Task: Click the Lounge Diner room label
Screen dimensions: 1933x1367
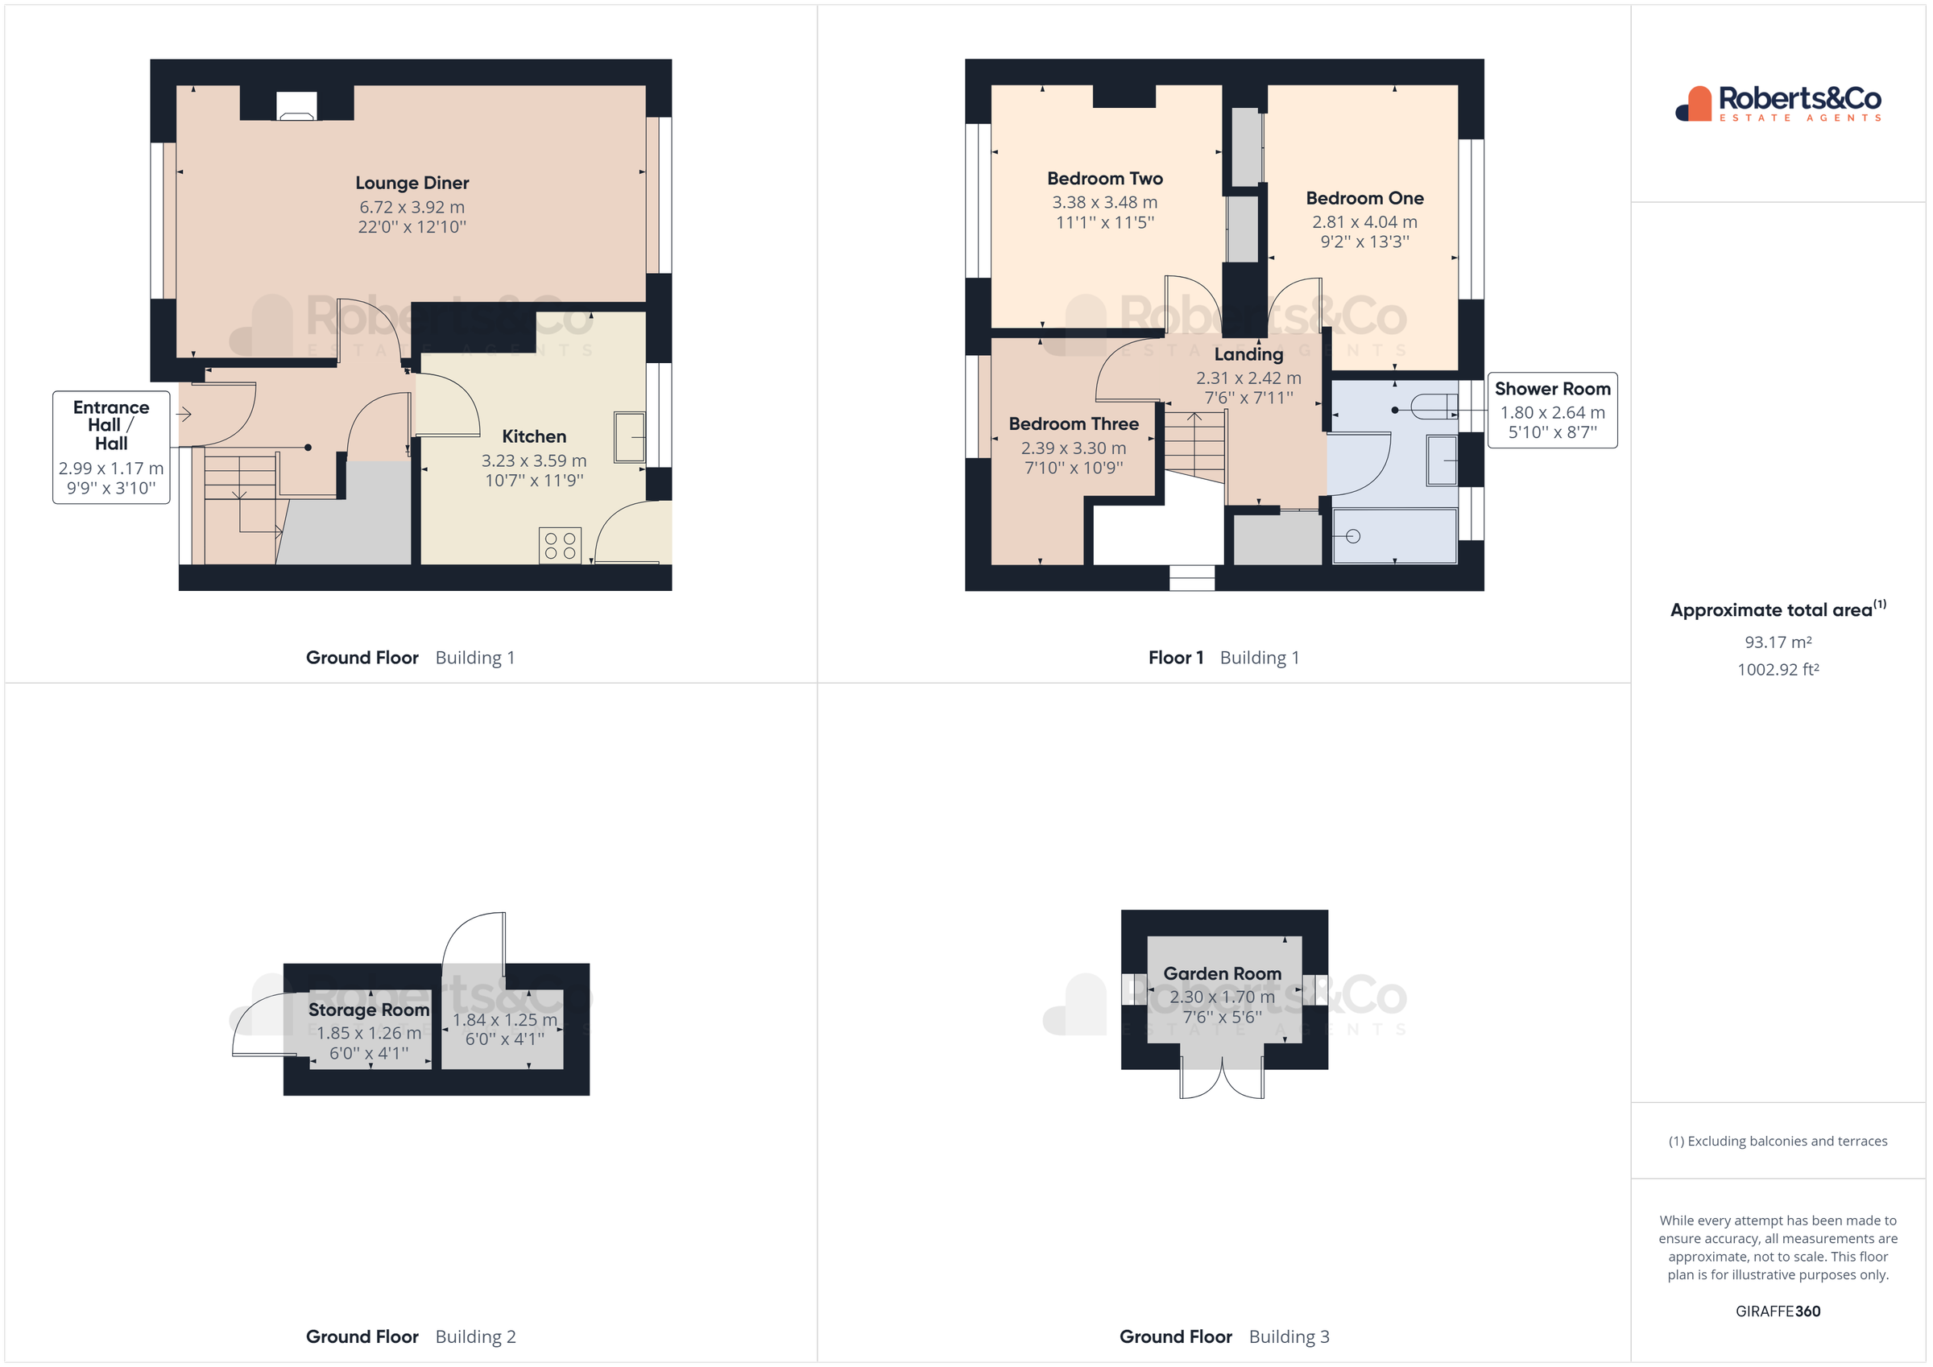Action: pyautogui.click(x=412, y=183)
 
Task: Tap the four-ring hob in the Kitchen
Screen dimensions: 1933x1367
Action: pyautogui.click(x=560, y=546)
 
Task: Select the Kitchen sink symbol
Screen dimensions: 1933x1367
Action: pyautogui.click(x=629, y=437)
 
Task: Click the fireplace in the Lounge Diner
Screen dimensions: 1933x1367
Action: pyautogui.click(x=297, y=105)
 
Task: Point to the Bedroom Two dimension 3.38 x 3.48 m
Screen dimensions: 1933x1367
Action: pyautogui.click(x=1104, y=202)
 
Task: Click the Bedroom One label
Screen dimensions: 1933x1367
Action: pyautogui.click(x=1364, y=198)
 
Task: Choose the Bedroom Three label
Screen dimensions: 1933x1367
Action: pyautogui.click(x=1074, y=423)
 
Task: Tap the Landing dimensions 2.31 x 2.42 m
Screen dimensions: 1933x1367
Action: pyautogui.click(x=1248, y=378)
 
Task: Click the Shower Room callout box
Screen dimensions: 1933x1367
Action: pyautogui.click(x=1553, y=410)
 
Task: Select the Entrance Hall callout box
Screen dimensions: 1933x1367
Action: pyautogui.click(x=111, y=447)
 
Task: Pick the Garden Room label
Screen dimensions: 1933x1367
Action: pyautogui.click(x=1223, y=973)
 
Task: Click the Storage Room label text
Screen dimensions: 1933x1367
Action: pyautogui.click(x=369, y=1010)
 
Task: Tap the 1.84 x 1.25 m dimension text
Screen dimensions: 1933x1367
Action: pyautogui.click(x=505, y=1019)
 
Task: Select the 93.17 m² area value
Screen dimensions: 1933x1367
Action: pyautogui.click(x=1778, y=642)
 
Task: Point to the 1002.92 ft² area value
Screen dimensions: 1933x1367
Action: pyautogui.click(x=1778, y=669)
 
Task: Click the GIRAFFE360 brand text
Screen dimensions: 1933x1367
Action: pyautogui.click(x=1778, y=1311)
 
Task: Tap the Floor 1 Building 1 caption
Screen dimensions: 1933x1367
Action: pyautogui.click(x=1224, y=658)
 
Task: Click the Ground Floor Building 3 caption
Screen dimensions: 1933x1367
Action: pyautogui.click(x=1224, y=1336)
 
